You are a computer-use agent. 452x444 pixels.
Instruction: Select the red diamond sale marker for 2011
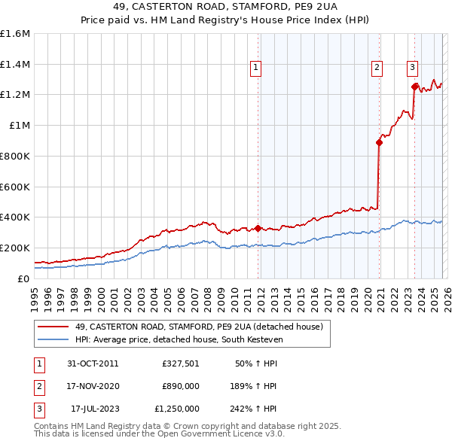258,228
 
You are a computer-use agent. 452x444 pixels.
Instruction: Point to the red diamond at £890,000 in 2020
379,141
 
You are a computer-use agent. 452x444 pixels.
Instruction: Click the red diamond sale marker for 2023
414,87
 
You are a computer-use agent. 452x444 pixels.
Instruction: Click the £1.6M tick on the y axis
15,34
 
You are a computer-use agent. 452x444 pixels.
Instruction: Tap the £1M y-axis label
20,126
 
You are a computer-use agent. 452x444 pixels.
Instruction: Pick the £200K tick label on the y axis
15,248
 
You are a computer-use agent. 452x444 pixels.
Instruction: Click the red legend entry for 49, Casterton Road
199,327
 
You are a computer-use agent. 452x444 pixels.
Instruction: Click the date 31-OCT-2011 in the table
93,363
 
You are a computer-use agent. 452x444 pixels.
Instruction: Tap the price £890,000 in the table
180,386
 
